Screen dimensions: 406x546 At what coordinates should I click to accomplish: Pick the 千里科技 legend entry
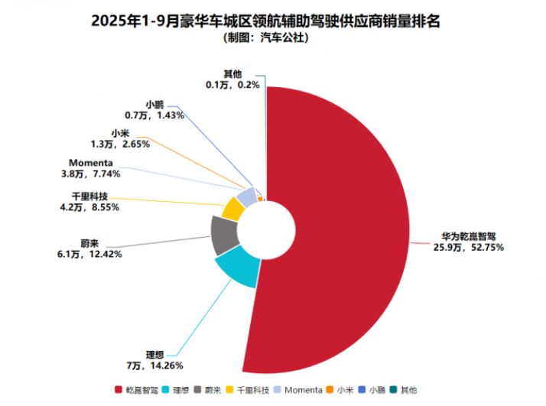[x=249, y=391]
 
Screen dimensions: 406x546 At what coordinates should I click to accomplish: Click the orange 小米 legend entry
[x=341, y=391]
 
